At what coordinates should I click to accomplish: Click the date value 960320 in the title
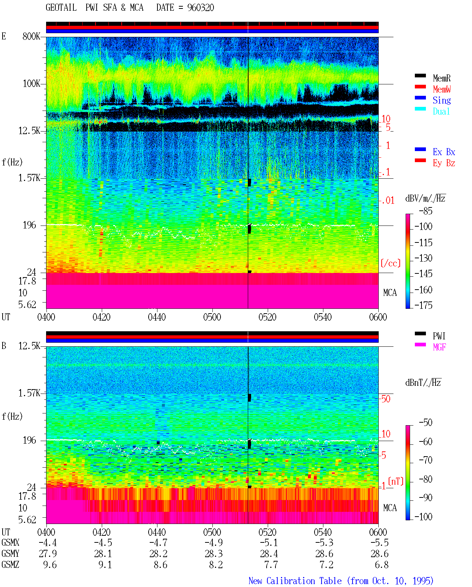(x=200, y=7)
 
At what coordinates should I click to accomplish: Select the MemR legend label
(x=442, y=78)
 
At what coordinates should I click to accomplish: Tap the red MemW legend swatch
(x=420, y=87)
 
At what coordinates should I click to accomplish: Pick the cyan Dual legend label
(x=441, y=111)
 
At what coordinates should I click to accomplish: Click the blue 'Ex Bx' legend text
(x=444, y=152)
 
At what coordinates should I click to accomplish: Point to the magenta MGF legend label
(x=439, y=347)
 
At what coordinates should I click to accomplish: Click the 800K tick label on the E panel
(x=31, y=36)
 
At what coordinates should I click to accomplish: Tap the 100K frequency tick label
(x=31, y=84)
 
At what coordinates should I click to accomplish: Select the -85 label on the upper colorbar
(x=426, y=211)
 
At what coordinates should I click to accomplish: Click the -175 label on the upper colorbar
(x=423, y=305)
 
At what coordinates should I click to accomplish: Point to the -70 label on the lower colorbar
(x=426, y=460)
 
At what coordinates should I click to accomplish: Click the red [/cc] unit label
(x=391, y=263)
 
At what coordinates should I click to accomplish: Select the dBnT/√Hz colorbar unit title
(x=423, y=382)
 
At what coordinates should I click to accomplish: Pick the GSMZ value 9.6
(x=50, y=565)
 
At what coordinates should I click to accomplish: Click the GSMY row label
(x=10, y=553)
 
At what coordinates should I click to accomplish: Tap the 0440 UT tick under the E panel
(x=157, y=317)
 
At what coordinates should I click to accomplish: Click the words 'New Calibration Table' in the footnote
(x=295, y=581)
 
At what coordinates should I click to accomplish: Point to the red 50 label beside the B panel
(x=386, y=399)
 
